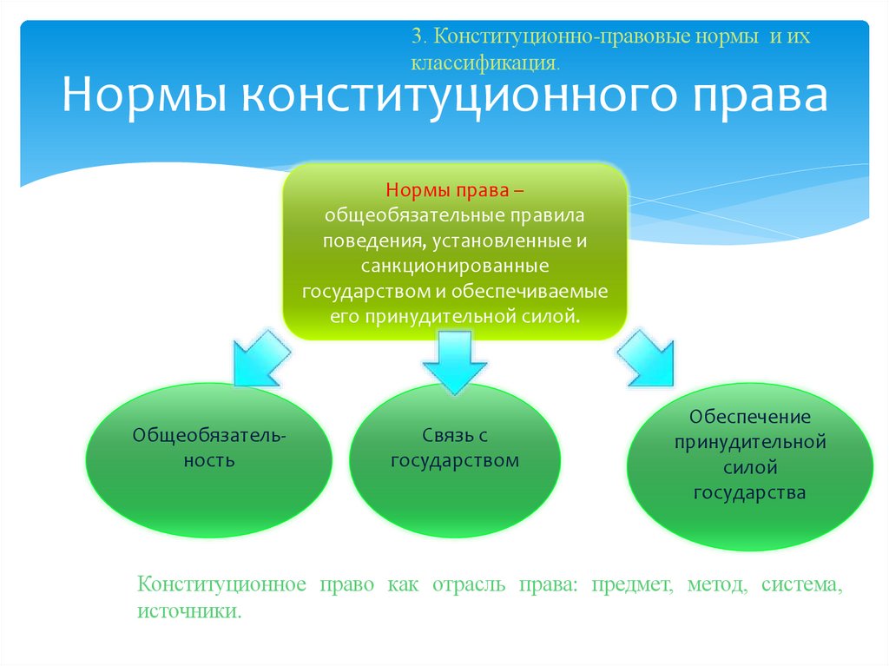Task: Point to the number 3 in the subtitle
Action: click(418, 37)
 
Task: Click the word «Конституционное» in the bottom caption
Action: click(221, 584)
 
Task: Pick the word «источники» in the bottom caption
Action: click(187, 611)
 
